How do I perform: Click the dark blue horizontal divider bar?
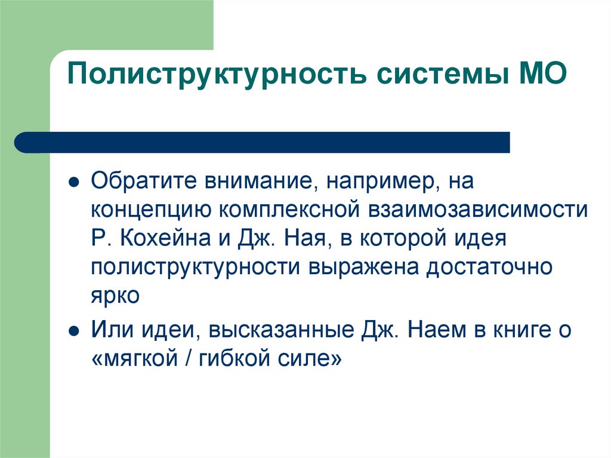point(263,143)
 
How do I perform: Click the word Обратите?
point(144,181)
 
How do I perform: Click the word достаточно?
point(488,268)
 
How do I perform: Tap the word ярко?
point(115,296)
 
